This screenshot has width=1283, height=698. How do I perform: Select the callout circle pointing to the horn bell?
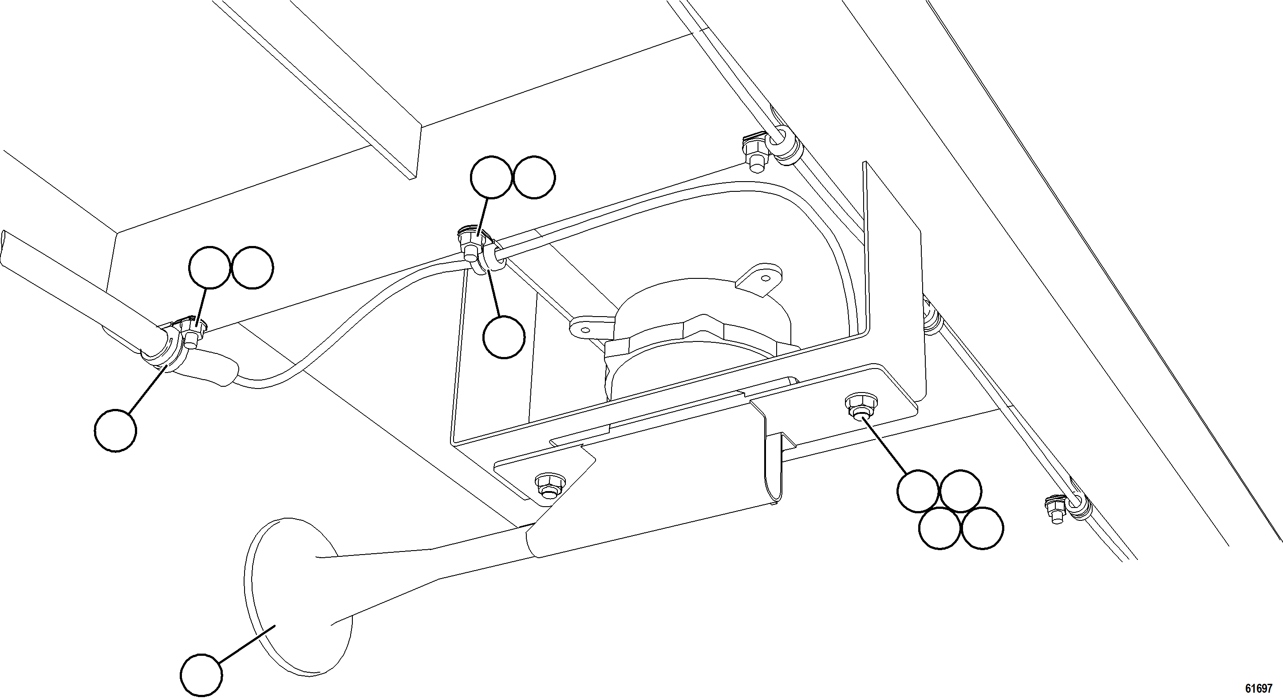point(201,676)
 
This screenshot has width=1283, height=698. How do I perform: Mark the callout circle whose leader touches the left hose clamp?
point(115,430)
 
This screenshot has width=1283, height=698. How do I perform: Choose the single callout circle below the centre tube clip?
point(504,337)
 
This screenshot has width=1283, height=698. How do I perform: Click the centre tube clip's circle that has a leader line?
point(492,177)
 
